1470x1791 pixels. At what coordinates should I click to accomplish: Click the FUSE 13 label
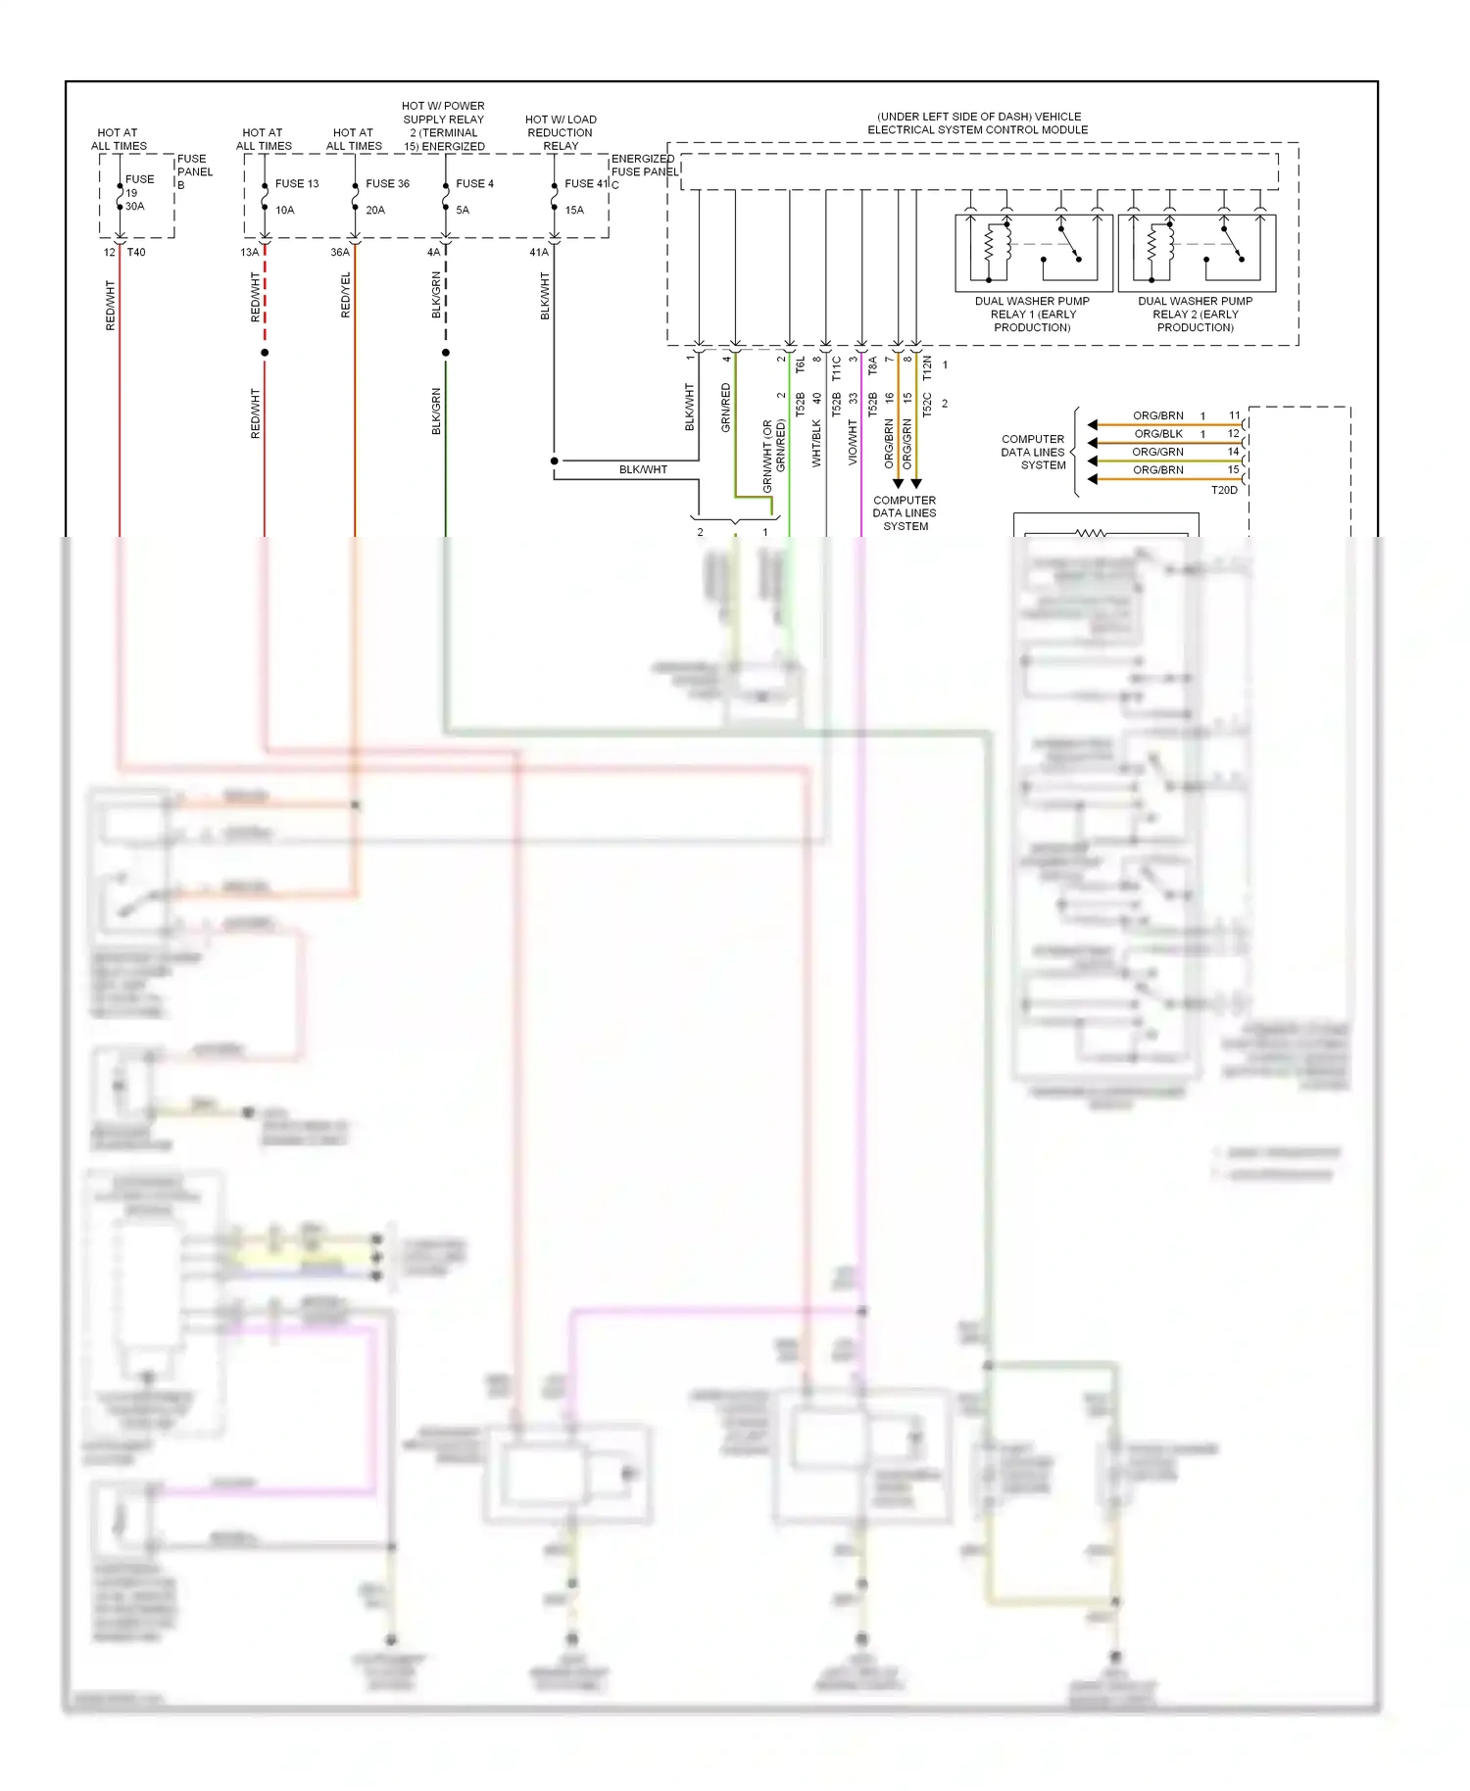pos(296,183)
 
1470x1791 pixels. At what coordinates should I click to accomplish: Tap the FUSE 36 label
pos(387,183)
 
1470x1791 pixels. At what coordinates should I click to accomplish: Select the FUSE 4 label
pos(474,183)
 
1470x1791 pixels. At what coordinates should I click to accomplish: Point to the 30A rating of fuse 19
pos(134,206)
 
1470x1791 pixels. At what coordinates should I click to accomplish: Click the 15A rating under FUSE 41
pos(574,210)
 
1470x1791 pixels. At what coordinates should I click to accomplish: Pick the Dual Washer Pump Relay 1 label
pos(1032,314)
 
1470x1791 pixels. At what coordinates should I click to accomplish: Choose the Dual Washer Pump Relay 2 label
pos(1195,314)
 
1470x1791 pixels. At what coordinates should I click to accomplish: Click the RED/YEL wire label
pos(346,294)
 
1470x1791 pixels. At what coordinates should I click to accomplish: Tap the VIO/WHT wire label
pos(853,442)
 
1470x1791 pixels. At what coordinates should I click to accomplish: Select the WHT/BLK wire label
pos(816,443)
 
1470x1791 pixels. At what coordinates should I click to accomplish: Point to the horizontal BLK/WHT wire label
pos(643,469)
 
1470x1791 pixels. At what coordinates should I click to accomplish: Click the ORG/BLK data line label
pos(1158,433)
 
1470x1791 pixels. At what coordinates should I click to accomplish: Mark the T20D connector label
pos(1224,490)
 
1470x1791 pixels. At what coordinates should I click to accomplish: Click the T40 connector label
pos(136,252)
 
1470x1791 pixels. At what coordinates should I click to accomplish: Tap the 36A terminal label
pos(339,252)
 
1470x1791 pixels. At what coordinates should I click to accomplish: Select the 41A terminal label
pos(539,252)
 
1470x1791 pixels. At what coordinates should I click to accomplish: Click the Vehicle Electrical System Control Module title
pos(977,122)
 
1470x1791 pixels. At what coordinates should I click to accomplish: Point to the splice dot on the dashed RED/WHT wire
pos(265,352)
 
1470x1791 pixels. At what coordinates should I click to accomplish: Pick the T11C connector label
pos(836,368)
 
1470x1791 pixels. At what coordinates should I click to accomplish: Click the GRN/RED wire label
pos(726,407)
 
